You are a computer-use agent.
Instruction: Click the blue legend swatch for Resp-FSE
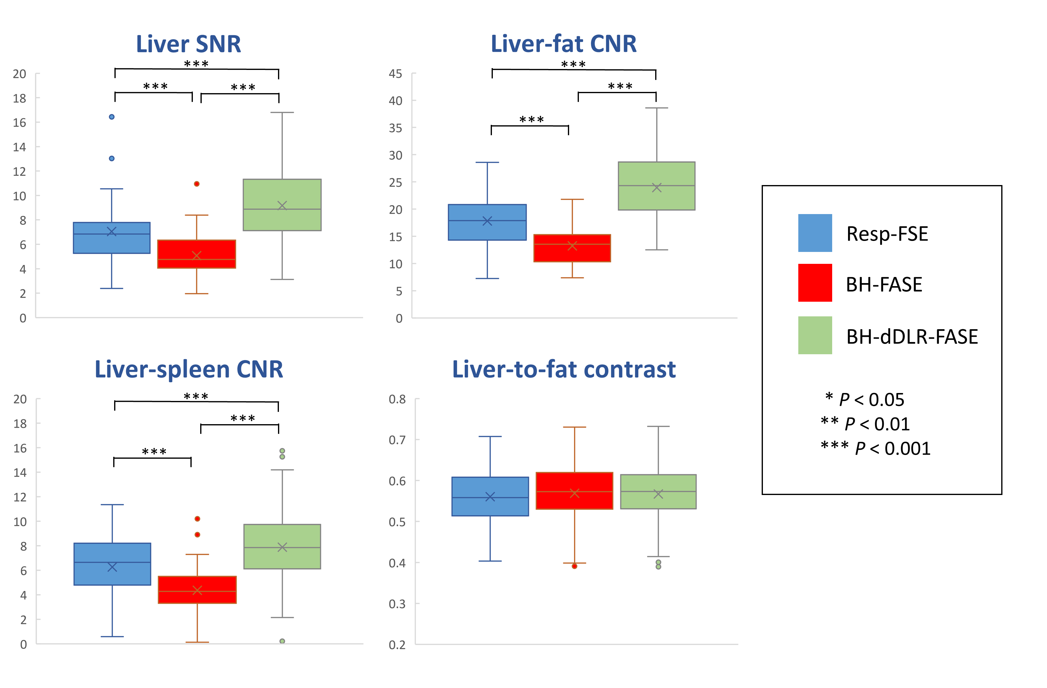pos(815,233)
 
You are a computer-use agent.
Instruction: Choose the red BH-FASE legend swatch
pos(815,282)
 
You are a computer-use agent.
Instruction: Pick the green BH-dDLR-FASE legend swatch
pos(815,335)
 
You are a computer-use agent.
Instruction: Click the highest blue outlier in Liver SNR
pos(112,117)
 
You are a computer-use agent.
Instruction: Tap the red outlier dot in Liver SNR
pos(197,184)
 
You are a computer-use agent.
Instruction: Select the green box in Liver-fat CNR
pos(656,186)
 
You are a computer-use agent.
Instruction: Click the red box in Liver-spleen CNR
pos(197,589)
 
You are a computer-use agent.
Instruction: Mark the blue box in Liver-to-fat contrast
pos(490,496)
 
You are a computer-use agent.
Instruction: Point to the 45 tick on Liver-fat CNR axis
pos(395,74)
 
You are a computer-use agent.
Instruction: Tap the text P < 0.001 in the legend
pos(892,449)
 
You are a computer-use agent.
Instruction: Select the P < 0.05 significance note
pos(871,400)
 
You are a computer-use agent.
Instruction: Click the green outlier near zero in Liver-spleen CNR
pos(282,641)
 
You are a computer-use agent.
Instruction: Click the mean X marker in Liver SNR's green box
pos(282,206)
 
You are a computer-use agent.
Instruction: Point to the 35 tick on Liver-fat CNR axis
pos(395,128)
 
